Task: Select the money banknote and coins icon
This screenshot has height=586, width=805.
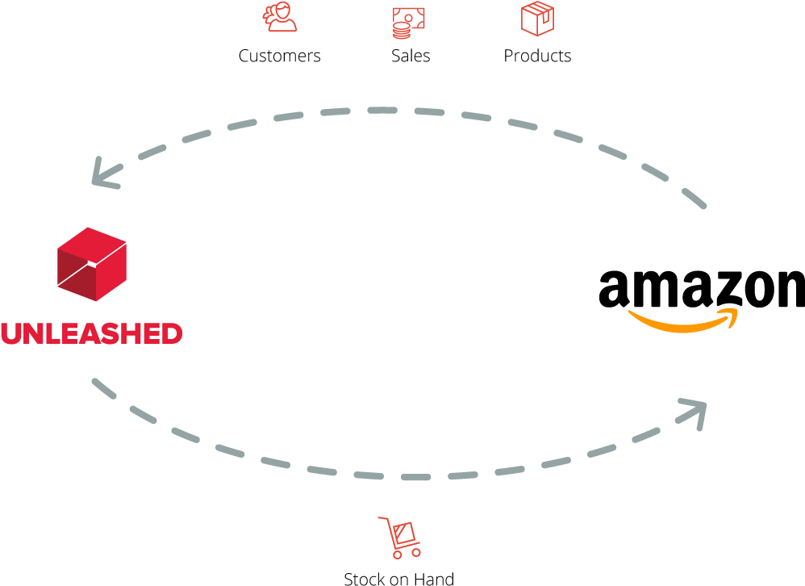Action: [x=408, y=22]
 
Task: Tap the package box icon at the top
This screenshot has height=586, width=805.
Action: [x=537, y=19]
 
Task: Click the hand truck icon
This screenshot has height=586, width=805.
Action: [x=400, y=537]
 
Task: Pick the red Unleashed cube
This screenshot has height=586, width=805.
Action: [x=92, y=264]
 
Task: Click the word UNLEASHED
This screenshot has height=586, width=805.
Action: [x=91, y=333]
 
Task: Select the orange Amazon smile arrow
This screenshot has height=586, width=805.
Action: [x=682, y=320]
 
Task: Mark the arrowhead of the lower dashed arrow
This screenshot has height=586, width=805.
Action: [x=695, y=409]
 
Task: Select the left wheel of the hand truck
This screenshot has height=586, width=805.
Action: [x=396, y=555]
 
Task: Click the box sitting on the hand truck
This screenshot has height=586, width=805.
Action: [x=404, y=532]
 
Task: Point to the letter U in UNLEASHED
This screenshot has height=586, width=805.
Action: [x=10, y=333]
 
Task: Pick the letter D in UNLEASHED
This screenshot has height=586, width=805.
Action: [x=171, y=333]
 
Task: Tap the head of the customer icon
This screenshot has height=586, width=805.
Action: [x=283, y=11]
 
